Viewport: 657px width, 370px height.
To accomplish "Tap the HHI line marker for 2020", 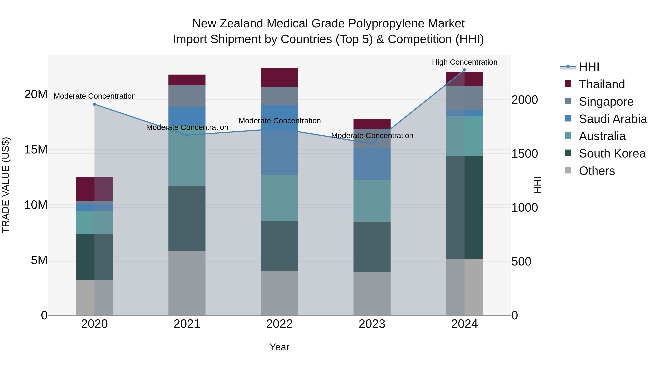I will tap(94, 104).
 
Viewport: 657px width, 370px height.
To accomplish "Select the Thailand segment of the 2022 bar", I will tap(279, 77).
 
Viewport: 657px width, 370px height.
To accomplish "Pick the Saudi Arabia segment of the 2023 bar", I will tap(372, 164).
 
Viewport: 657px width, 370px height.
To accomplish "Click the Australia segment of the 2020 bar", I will tap(94, 222).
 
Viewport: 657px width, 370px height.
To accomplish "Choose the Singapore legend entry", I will tap(606, 101).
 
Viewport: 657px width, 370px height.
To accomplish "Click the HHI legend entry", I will tap(589, 67).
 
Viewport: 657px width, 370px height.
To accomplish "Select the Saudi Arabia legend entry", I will tap(613, 119).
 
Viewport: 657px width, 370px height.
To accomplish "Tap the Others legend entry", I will tap(597, 171).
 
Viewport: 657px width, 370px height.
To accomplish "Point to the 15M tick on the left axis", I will tap(36, 149).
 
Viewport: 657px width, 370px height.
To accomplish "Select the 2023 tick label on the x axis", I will tap(372, 324).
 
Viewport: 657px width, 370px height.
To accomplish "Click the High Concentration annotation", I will tap(464, 62).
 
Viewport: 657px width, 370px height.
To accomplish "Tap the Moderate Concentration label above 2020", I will tap(95, 96).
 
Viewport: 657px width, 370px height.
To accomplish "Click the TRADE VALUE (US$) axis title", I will tap(6, 185).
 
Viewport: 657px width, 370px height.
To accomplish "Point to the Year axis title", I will tap(279, 347).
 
